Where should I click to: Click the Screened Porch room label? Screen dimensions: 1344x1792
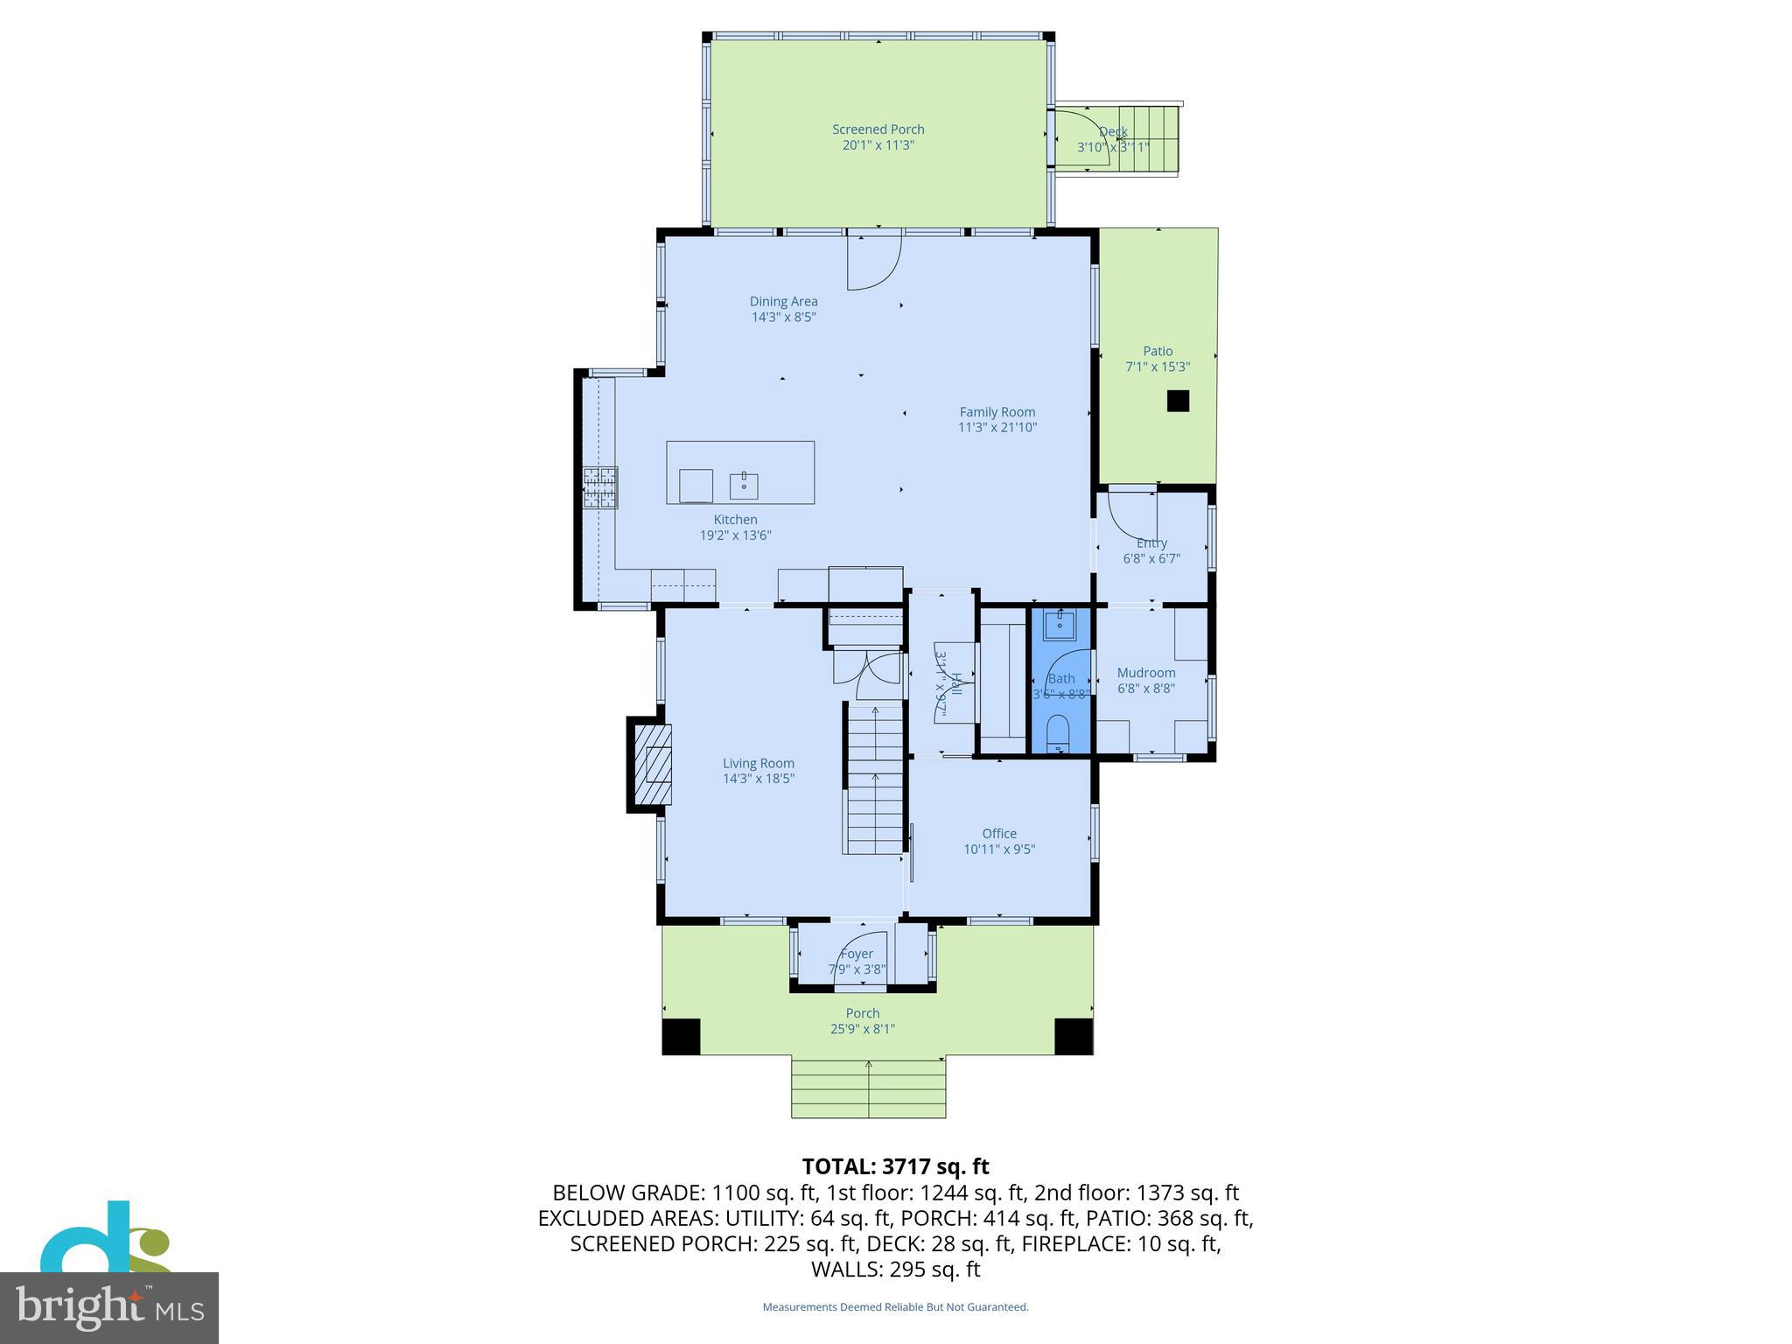pyautogui.click(x=878, y=129)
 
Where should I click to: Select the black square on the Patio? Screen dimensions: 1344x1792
pyautogui.click(x=1178, y=401)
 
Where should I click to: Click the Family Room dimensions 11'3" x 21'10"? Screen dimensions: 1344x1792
pyautogui.click(x=997, y=428)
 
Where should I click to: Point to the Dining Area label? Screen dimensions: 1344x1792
pyautogui.click(x=783, y=302)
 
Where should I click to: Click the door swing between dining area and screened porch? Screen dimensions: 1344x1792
pyautogui.click(x=873, y=262)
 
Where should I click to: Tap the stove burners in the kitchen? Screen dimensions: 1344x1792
pyautogui.click(x=600, y=487)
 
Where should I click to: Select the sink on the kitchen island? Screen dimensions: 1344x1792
pyautogui.click(x=744, y=485)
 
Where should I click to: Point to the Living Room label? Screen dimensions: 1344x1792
pyautogui.click(x=758, y=763)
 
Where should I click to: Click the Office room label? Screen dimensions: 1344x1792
pyautogui.click(x=999, y=834)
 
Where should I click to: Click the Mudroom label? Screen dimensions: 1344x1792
pyautogui.click(x=1145, y=673)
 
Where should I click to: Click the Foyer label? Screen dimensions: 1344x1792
pyautogui.click(x=857, y=954)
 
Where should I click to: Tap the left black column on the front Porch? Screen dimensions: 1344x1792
pyautogui.click(x=681, y=1037)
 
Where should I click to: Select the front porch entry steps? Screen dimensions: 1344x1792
pyautogui.click(x=868, y=1088)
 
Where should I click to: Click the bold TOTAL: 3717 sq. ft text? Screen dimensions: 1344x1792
pyautogui.click(x=895, y=1166)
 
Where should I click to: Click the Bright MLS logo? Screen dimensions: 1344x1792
pyautogui.click(x=109, y=1307)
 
